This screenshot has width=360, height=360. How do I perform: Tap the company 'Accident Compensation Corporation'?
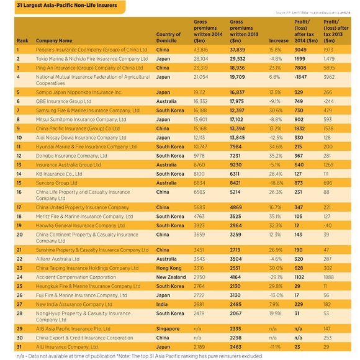pyautogui.click(x=76, y=277)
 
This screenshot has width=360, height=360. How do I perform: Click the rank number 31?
pyautogui.click(x=19, y=346)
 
